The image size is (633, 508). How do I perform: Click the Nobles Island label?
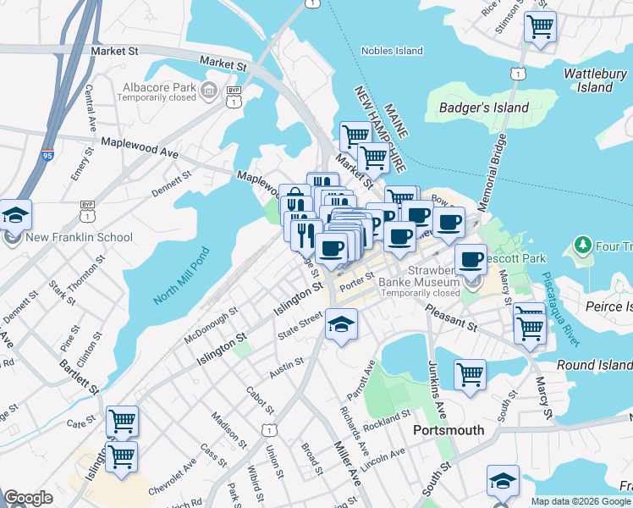click(392, 51)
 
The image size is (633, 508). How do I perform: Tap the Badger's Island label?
click(484, 108)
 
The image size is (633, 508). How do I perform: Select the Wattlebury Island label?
click(595, 80)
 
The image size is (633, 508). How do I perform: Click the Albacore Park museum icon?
click(207, 88)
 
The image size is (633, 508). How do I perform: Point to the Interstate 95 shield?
click(47, 156)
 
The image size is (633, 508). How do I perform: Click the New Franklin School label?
click(80, 237)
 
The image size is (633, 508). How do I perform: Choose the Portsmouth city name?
click(449, 430)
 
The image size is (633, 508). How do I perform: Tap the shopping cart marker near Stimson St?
click(540, 25)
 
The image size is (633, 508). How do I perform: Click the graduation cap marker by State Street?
click(341, 325)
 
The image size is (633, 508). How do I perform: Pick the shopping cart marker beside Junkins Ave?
click(470, 373)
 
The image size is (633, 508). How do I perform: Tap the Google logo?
click(28, 498)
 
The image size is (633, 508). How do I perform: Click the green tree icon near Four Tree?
click(582, 246)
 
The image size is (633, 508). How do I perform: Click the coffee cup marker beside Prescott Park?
click(471, 258)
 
